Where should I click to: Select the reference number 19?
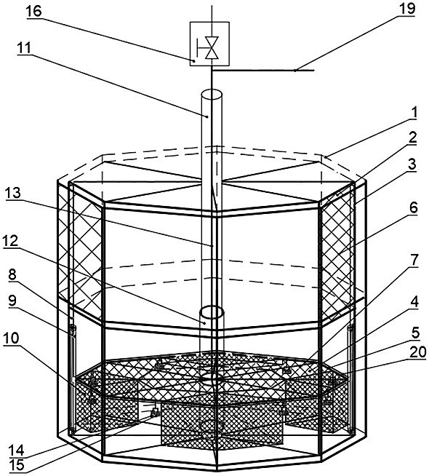point(406,8)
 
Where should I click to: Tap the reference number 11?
point(24,47)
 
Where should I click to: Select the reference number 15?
point(17,465)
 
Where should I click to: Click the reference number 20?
point(418,352)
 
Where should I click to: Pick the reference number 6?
point(413,208)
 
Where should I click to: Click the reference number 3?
point(412,164)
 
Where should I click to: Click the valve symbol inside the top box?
point(209,47)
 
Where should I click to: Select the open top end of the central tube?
point(212,94)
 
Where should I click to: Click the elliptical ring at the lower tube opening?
point(212,312)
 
